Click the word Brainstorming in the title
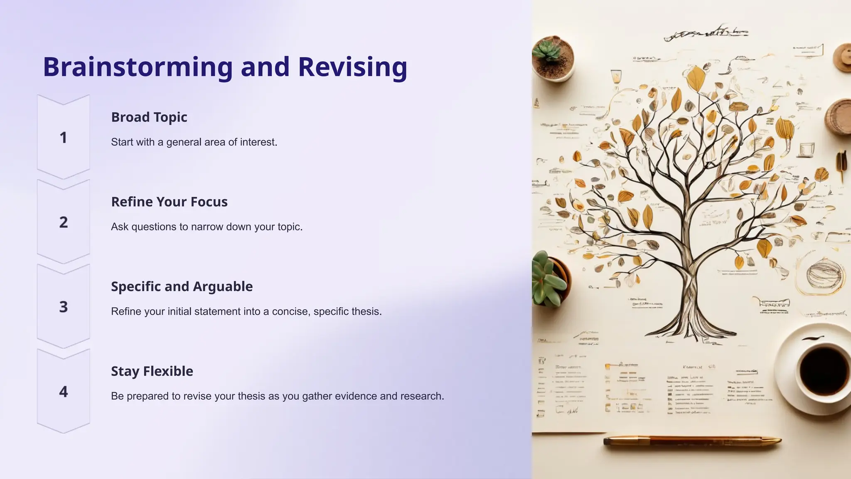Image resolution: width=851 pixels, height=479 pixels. (138, 67)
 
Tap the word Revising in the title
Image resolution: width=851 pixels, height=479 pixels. (352, 67)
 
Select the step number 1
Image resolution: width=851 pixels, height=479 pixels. (63, 138)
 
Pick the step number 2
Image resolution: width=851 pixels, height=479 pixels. (63, 222)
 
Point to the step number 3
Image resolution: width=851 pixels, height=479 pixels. (63, 307)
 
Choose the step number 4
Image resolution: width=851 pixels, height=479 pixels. (63, 392)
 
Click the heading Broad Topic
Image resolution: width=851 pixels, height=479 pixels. (149, 117)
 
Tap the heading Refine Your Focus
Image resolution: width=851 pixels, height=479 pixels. (169, 202)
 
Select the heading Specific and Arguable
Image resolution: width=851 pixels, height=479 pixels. (182, 286)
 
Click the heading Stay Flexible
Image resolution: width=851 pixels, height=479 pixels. (152, 371)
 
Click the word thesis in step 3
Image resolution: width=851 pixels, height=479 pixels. (367, 311)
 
